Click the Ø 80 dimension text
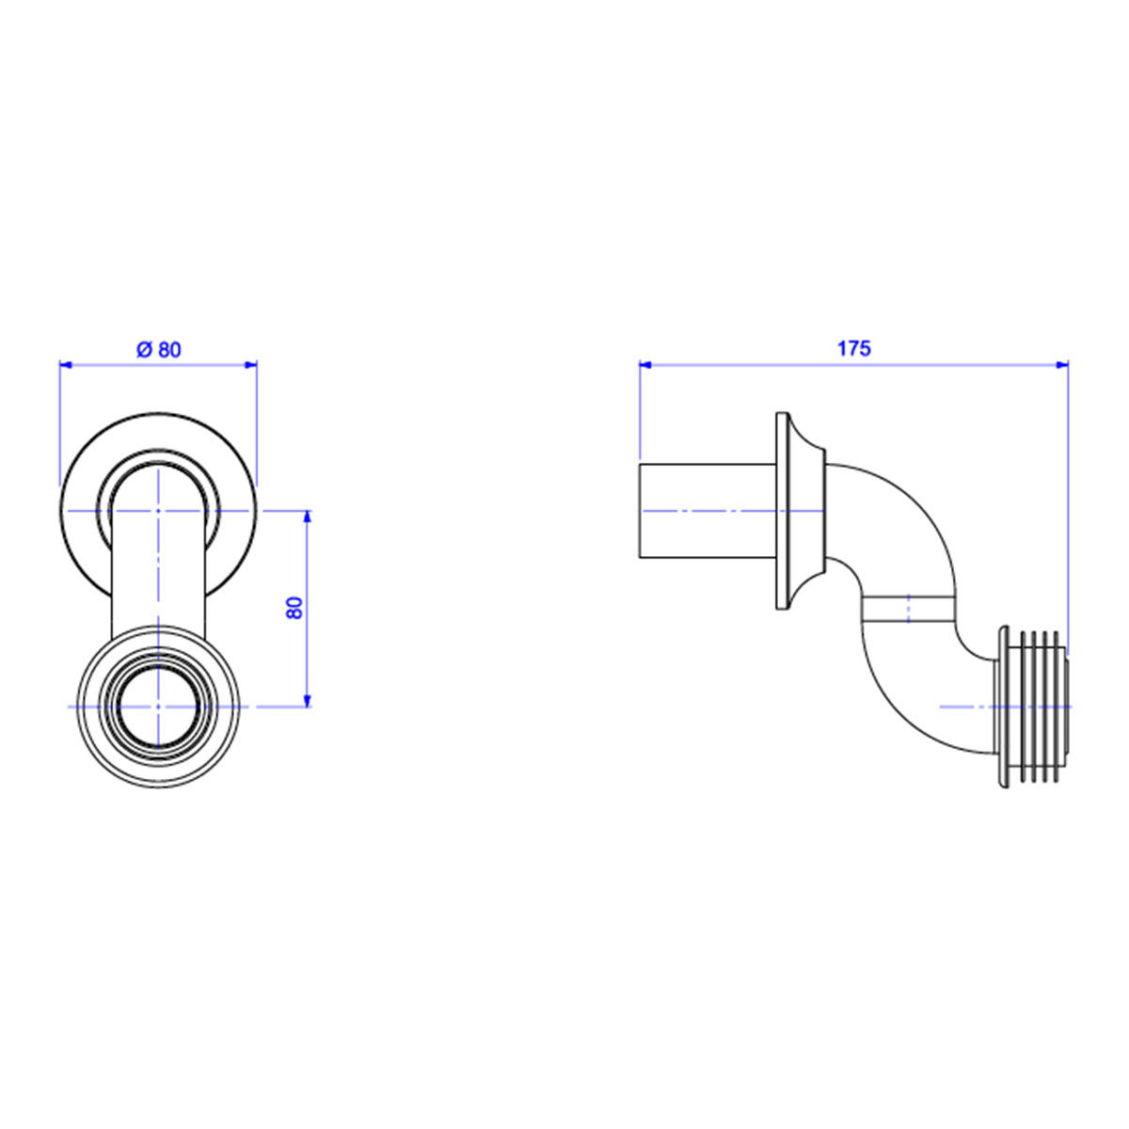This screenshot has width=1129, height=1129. pos(159,350)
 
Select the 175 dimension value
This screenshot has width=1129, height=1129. pos(853,349)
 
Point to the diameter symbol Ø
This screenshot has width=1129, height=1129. pos(145,350)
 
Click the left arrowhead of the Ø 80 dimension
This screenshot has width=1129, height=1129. pos(66,366)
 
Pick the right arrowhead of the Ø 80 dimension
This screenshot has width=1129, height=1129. pos(251,366)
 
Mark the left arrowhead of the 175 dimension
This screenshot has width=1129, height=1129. pos(645,366)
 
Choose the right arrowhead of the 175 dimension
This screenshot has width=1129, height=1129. pos(1062,366)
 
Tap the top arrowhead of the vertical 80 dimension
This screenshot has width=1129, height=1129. pos(308,517)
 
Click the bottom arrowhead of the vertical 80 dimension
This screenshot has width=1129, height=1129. pos(308,701)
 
